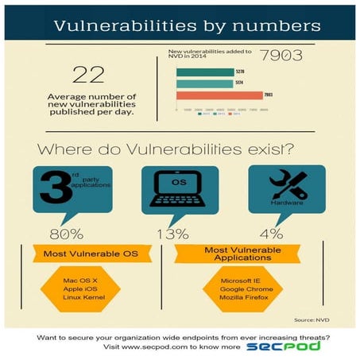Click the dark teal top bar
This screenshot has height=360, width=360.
click(204, 72)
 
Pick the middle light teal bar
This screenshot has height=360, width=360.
click(203, 83)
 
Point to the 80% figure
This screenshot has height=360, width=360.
click(66, 234)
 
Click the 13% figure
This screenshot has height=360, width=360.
click(172, 234)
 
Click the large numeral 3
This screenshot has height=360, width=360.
click(52, 190)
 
